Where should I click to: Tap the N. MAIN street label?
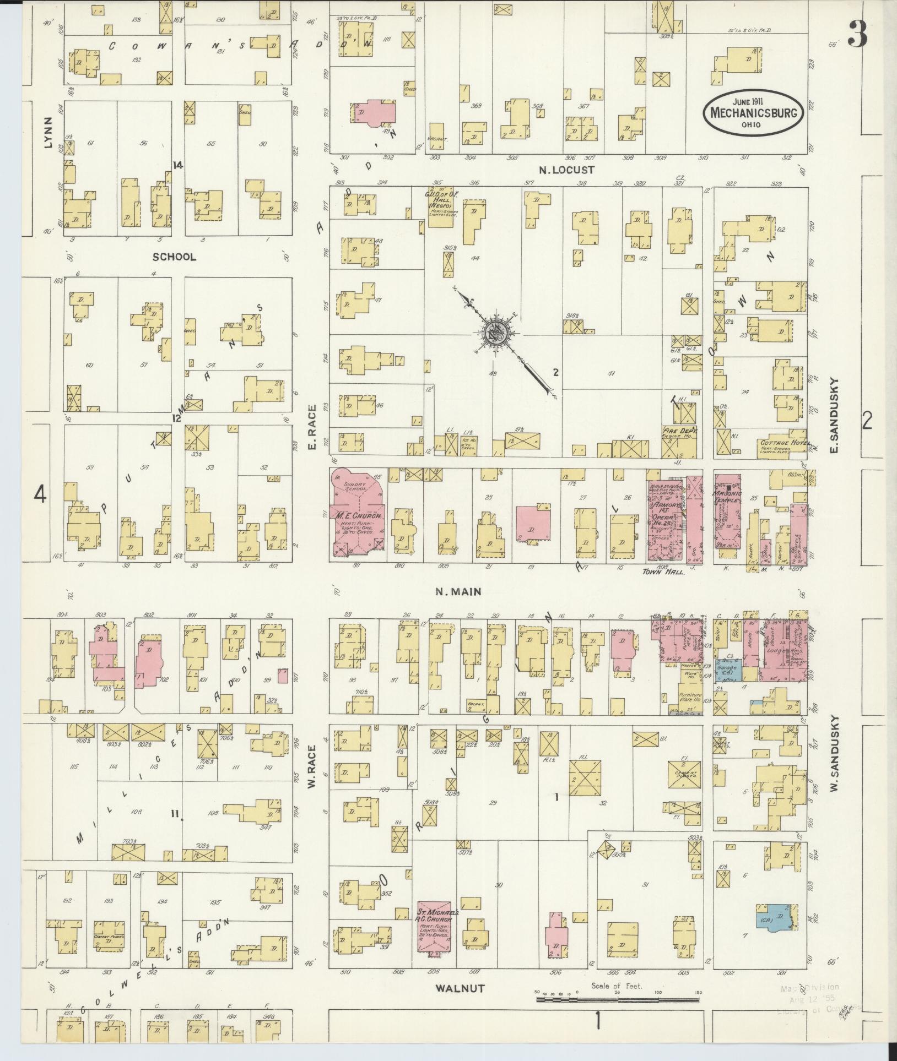point(458,591)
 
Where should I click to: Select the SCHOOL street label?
point(174,257)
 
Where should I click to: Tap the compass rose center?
point(495,332)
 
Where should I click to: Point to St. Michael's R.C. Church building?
point(435,927)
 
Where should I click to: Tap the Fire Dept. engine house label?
point(680,433)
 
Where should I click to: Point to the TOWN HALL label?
point(663,572)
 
